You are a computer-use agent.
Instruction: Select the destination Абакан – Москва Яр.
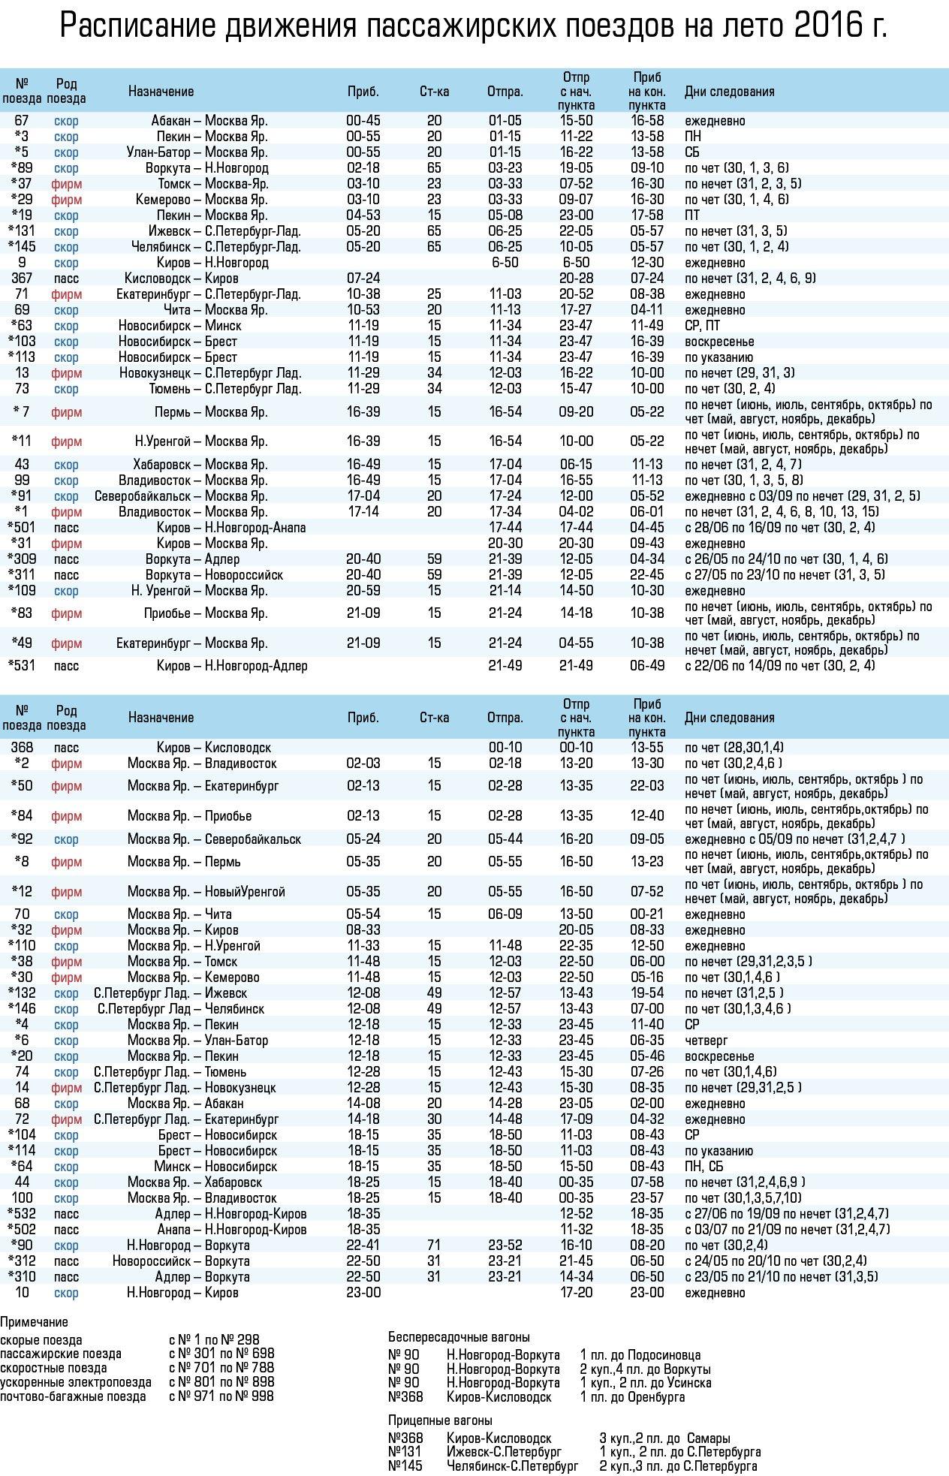click(209, 121)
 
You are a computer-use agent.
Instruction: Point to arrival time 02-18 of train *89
click(363, 168)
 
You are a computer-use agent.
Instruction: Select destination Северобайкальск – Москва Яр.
click(181, 496)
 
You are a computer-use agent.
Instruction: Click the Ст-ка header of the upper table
click(434, 92)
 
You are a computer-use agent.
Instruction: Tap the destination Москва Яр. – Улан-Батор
click(197, 1041)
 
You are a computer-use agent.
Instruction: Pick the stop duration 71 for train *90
click(434, 1246)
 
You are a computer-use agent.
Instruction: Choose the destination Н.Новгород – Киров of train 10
click(182, 1293)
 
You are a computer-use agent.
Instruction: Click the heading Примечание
click(34, 1322)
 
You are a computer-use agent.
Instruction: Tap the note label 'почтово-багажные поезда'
click(73, 1397)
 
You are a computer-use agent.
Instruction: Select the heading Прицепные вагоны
click(440, 1420)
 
